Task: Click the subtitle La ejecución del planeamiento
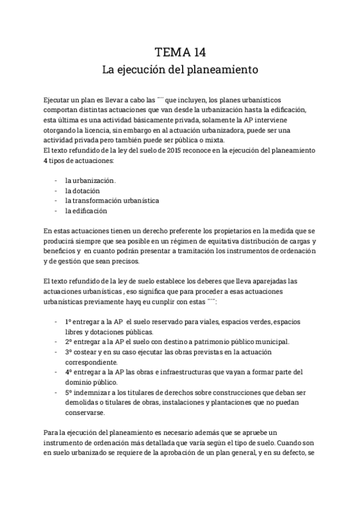coord(180,69)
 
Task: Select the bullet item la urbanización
coord(91,180)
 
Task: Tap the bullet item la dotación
coord(83,190)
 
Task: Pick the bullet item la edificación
coord(86,210)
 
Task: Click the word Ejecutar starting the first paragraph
coord(58,98)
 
